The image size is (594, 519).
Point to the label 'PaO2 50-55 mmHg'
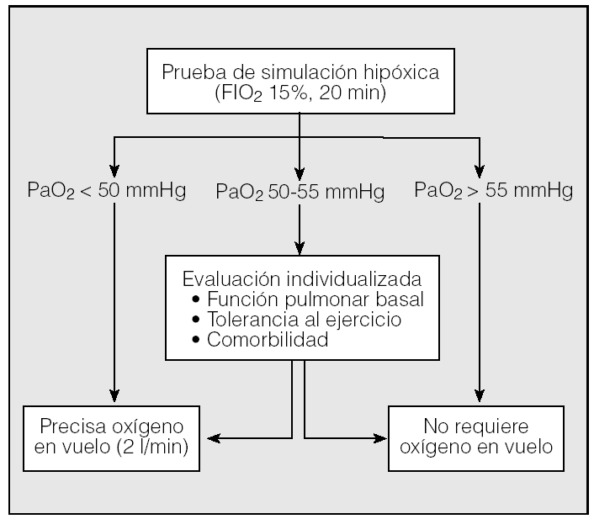300,192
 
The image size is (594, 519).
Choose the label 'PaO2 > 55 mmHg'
494,190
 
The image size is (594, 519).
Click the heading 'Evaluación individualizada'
301,278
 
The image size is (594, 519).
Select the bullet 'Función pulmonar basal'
310,299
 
